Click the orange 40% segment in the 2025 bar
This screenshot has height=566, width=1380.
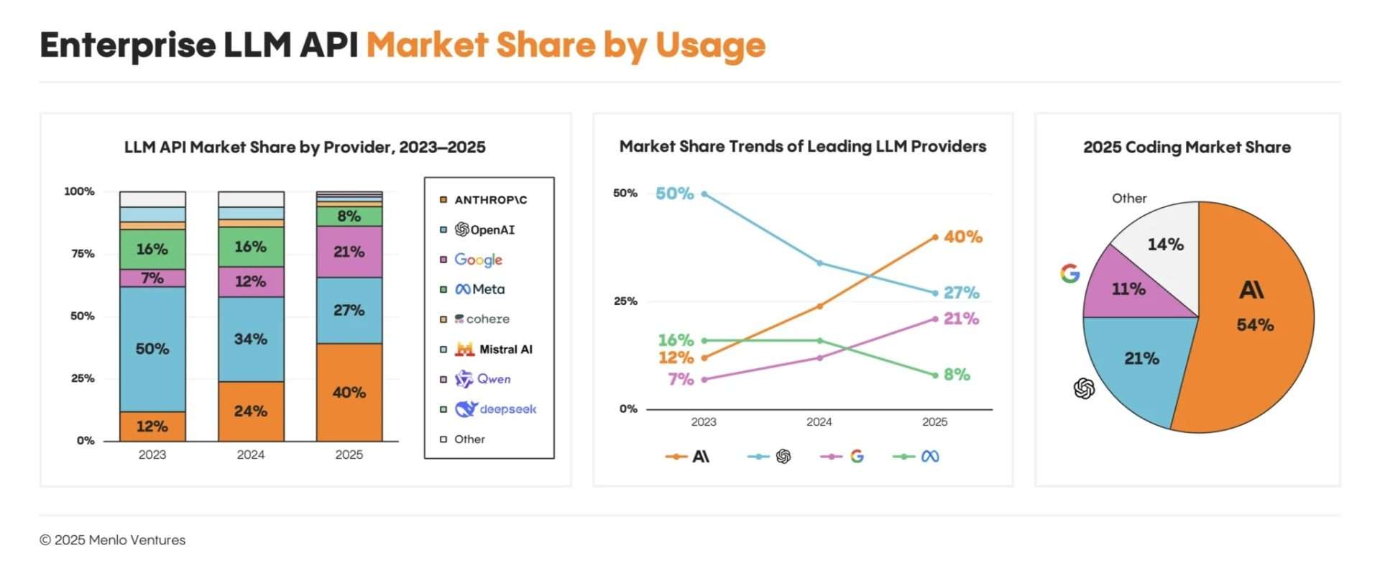click(349, 392)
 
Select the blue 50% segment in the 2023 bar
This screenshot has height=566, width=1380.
click(152, 349)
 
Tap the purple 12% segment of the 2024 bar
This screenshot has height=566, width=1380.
click(250, 281)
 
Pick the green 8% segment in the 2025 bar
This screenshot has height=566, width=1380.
click(349, 216)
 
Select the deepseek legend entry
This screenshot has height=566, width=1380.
click(496, 408)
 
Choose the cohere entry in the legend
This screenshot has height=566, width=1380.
click(482, 319)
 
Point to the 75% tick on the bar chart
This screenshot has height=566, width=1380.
click(82, 253)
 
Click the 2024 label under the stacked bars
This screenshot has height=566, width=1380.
click(250, 455)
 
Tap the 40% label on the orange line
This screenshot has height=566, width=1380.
click(963, 237)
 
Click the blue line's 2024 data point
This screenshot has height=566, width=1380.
click(819, 263)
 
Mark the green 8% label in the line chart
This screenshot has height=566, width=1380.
click(957, 374)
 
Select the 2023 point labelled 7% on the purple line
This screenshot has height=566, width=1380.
click(704, 379)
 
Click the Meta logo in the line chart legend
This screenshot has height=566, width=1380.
click(929, 456)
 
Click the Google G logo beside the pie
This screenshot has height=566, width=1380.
click(1070, 273)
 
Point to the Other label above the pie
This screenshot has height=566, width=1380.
click(1128, 198)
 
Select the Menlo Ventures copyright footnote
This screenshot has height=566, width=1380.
click(113, 539)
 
